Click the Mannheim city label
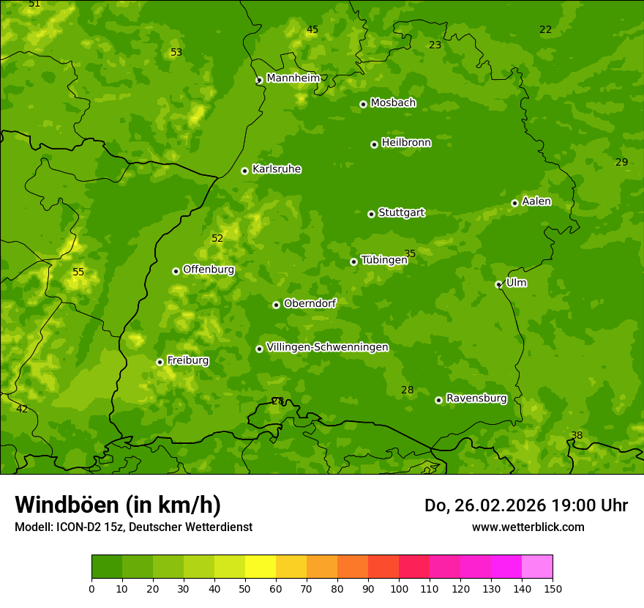293,78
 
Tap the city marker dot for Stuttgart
371,214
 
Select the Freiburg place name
187,360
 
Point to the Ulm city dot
498,284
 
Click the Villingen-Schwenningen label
327,347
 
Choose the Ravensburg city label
476,398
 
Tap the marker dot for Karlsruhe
244,171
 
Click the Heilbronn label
406,143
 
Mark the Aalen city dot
514,203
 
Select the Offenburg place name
209,270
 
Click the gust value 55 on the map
78,273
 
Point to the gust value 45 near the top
312,30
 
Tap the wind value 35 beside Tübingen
410,254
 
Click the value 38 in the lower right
577,436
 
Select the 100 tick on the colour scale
399,588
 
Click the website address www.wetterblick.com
528,527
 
